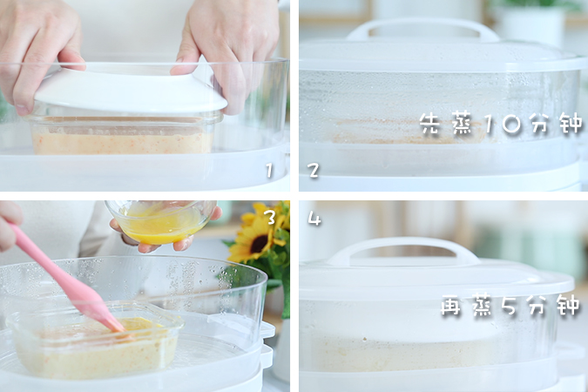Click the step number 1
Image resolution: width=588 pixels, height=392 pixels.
coord(270,171)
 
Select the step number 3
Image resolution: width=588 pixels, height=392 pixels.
coord(270,217)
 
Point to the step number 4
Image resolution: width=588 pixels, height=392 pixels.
coord(314,219)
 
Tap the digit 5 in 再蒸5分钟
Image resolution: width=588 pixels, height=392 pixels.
coord(508,307)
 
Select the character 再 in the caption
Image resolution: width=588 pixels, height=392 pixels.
coord(452,307)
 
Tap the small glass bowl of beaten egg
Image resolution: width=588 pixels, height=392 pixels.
coord(161,221)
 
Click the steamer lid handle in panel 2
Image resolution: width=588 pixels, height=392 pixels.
coord(422,30)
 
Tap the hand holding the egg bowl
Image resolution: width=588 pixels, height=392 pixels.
coord(139,241)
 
